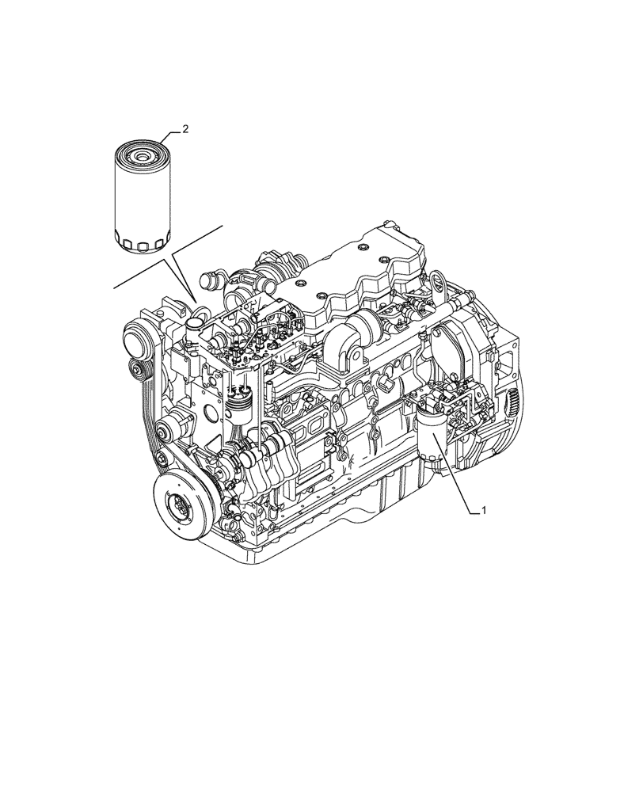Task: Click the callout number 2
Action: tap(185, 129)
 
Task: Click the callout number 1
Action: tap(484, 511)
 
